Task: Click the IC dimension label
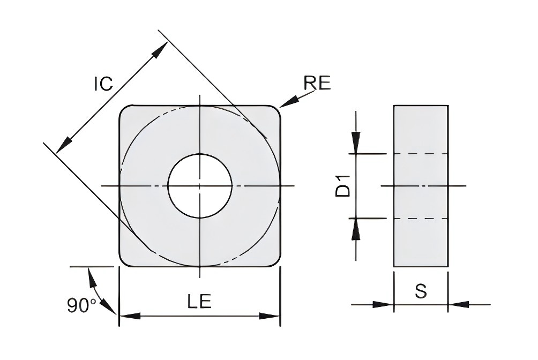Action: click(x=103, y=84)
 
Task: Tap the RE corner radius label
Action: click(x=317, y=82)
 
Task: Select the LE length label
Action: click(x=199, y=301)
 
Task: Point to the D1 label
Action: click(x=343, y=186)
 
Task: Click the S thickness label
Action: click(x=421, y=291)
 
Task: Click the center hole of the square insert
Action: click(x=200, y=186)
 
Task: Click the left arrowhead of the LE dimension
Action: click(x=130, y=316)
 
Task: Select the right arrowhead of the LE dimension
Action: click(x=270, y=316)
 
